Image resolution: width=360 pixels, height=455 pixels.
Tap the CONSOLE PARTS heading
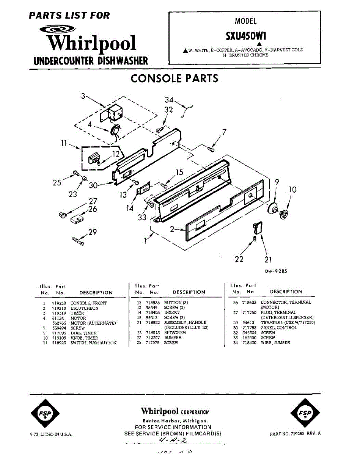(174, 78)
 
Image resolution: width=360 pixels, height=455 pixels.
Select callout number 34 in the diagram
(169, 100)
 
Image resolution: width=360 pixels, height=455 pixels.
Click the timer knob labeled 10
(284, 213)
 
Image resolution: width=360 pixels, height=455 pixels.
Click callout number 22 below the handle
(239, 259)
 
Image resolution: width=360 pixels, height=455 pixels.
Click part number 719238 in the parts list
(58, 303)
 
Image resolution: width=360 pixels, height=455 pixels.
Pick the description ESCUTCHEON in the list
(85, 308)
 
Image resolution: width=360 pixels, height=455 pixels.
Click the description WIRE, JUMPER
(275, 342)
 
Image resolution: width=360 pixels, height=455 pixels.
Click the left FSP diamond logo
(45, 414)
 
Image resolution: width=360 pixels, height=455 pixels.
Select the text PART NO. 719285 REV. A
(295, 434)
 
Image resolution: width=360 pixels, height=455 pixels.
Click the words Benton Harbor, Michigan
(174, 421)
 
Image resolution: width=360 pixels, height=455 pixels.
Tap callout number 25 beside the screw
(57, 183)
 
